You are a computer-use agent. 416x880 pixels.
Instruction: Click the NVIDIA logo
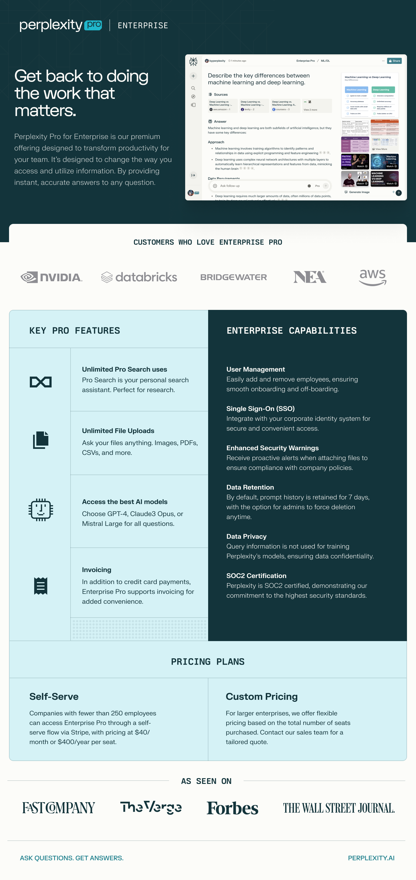[x=51, y=277]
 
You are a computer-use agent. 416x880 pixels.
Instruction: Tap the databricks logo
[x=139, y=277]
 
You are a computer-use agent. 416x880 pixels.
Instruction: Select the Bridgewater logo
[x=234, y=277]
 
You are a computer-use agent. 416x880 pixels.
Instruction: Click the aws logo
[x=373, y=277]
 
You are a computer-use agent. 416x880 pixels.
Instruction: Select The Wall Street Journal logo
[x=339, y=808]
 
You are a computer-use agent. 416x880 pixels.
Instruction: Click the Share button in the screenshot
[x=394, y=61]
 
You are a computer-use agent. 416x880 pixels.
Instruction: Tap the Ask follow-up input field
[x=260, y=186]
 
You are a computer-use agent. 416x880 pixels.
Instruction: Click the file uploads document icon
[x=41, y=440]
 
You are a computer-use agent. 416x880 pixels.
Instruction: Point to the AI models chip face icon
[x=41, y=510]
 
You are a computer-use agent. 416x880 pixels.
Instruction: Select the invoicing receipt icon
[x=41, y=586]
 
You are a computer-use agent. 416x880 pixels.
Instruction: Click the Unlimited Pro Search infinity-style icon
[x=41, y=382]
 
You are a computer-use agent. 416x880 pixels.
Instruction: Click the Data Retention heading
[x=250, y=487]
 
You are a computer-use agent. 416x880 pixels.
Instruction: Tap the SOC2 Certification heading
[x=256, y=576]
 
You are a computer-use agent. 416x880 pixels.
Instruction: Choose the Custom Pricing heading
[x=262, y=696]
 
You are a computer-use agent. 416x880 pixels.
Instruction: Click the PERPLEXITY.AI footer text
[x=371, y=858]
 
